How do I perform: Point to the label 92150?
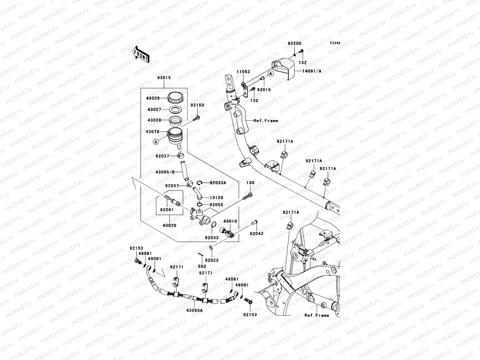(197, 105)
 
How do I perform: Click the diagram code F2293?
(335, 43)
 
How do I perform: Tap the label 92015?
(264, 89)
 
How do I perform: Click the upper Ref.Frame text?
(266, 121)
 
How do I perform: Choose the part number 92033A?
(218, 182)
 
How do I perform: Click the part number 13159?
(216, 198)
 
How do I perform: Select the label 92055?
(216, 205)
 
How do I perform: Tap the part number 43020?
(169, 225)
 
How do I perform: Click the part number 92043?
(257, 233)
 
